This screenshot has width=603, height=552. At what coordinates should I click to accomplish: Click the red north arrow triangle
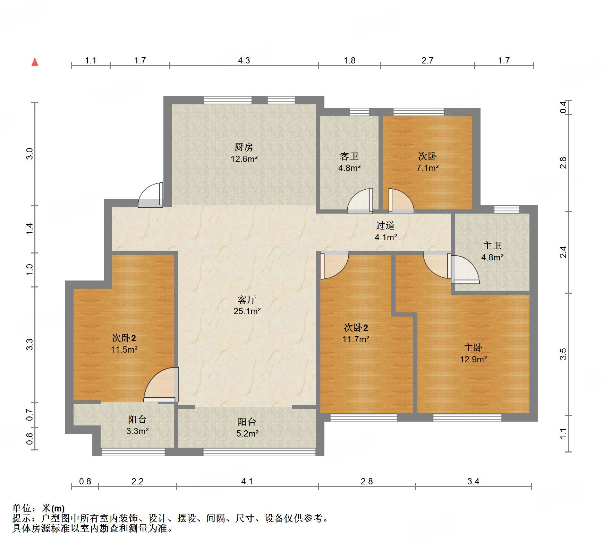(35, 62)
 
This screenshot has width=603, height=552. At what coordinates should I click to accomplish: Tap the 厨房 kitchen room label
(244, 147)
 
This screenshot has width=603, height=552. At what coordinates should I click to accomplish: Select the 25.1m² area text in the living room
(247, 311)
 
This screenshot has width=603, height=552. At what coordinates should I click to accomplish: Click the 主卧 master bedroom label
(473, 348)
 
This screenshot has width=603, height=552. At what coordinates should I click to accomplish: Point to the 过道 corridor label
(385, 226)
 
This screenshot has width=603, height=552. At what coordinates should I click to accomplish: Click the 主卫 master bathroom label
(492, 246)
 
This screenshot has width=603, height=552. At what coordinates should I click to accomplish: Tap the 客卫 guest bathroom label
(349, 156)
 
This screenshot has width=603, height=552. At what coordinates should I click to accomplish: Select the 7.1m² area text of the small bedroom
(427, 168)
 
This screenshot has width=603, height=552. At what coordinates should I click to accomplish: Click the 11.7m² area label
(356, 339)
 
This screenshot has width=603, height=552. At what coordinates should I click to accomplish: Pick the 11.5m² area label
(124, 350)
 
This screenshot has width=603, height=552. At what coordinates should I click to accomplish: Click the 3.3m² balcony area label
(137, 431)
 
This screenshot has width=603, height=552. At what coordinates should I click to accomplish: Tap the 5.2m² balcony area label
(247, 433)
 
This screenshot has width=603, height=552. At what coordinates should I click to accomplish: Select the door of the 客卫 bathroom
(361, 201)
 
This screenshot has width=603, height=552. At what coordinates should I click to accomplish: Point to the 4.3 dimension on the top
(244, 61)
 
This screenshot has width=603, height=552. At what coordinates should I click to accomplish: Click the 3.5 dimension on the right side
(563, 354)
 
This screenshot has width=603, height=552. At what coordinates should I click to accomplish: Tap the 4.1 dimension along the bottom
(247, 481)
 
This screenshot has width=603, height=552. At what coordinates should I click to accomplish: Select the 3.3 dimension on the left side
(30, 344)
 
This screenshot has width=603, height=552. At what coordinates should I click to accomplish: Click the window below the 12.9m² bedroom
(467, 417)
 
